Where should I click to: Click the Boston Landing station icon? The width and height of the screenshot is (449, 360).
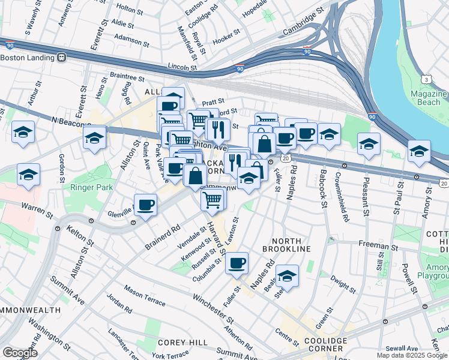[61, 58]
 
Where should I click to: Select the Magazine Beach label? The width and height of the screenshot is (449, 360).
[429, 98]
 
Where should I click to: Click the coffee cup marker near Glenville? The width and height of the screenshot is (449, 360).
[146, 206]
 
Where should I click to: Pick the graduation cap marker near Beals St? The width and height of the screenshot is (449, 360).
[288, 276]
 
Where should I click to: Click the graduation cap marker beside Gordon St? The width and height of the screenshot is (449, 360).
[29, 175]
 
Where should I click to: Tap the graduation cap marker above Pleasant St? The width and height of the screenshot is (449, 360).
[369, 144]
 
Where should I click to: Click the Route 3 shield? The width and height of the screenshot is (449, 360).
[426, 79]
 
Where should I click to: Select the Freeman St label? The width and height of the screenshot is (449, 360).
[378, 245]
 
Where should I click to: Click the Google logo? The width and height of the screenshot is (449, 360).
[20, 353]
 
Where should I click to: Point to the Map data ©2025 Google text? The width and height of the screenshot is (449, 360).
[412, 355]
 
